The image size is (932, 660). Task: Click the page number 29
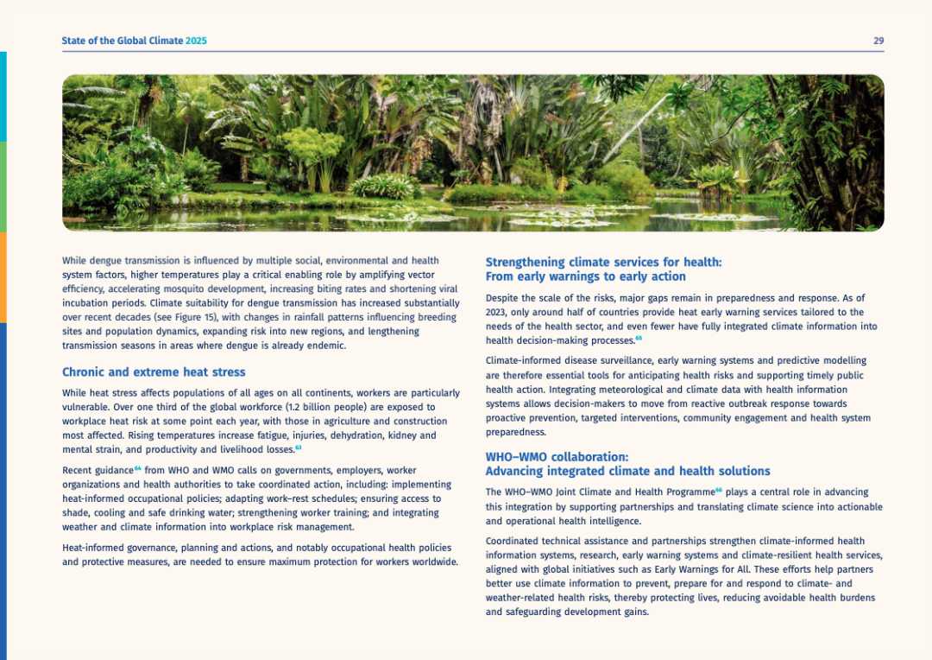pos(878,41)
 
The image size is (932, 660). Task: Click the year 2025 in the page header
pos(196,41)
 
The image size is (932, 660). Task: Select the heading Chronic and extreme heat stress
pos(154,372)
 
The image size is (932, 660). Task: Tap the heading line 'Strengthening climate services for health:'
pos(603,262)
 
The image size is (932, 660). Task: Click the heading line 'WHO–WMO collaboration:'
pos(557,456)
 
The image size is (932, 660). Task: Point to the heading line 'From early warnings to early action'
pos(585,276)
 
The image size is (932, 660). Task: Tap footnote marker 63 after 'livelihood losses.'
pos(298,447)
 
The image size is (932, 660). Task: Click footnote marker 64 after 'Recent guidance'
pos(138,467)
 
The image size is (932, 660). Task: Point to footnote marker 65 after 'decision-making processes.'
pos(639,338)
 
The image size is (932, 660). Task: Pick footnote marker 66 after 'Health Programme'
pos(718,489)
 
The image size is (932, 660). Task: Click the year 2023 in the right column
pos(497,312)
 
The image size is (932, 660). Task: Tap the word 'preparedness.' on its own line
pos(516,432)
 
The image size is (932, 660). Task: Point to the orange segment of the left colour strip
pos(3,276)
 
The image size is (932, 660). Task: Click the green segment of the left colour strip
pos(3,186)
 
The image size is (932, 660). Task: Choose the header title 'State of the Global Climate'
pos(122,41)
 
